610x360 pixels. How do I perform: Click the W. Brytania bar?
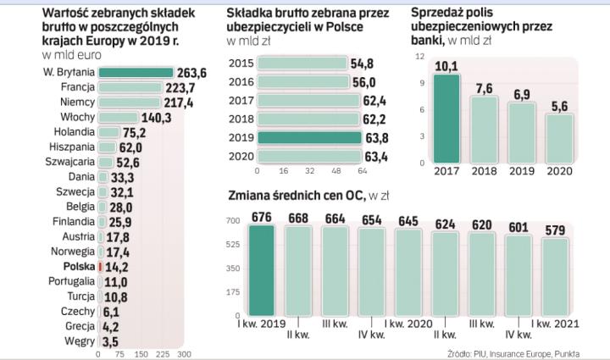(x=136, y=73)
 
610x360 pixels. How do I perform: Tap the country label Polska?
(x=78, y=265)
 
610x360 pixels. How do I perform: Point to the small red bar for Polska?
(x=100, y=265)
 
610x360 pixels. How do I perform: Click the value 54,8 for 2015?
(x=363, y=64)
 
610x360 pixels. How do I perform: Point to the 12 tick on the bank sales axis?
(x=417, y=56)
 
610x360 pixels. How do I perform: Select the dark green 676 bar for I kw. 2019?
(x=261, y=270)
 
